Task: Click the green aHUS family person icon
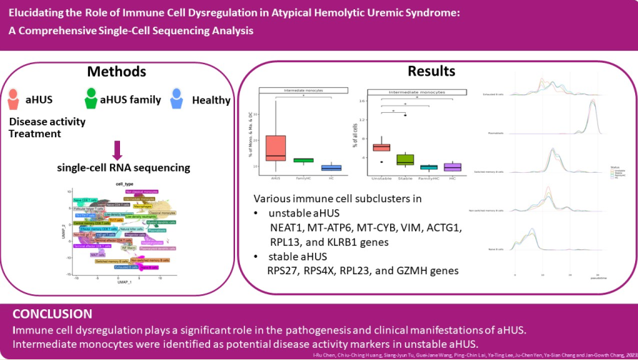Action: click(91, 99)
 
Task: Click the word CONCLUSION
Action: click(52, 314)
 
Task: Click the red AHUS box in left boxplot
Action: click(275, 147)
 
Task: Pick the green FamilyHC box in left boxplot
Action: click(304, 160)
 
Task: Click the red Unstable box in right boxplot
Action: click(382, 146)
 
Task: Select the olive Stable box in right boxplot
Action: click(405, 159)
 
